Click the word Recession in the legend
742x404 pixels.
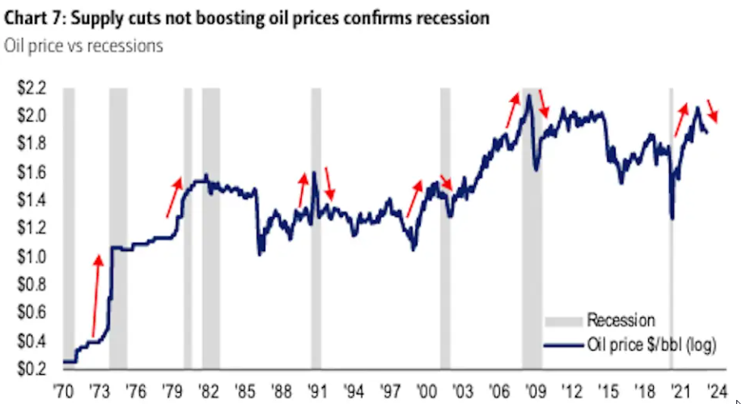[x=621, y=321]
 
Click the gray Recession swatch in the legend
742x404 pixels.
[x=563, y=321]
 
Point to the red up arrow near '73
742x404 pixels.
[x=95, y=296]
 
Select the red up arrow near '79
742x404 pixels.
[x=174, y=197]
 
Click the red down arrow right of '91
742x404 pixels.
[x=328, y=183]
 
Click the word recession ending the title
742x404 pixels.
[x=448, y=17]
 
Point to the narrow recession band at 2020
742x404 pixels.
[x=672, y=227]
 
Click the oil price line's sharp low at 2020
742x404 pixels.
[x=672, y=217]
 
